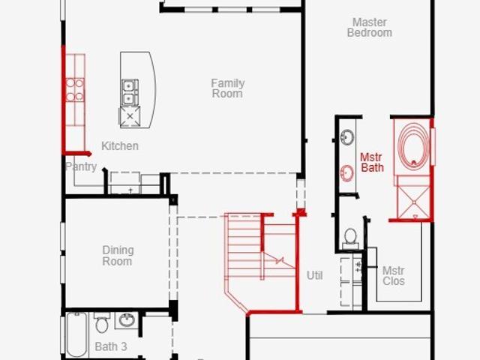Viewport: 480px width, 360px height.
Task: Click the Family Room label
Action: coord(228,88)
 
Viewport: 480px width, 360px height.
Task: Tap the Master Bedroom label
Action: coord(370,27)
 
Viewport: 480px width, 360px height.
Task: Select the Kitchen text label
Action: coord(120,145)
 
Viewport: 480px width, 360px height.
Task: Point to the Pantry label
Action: coord(81,166)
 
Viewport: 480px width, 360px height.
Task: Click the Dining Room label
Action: coord(118,256)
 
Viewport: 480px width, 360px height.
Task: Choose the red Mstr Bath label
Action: coord(372,162)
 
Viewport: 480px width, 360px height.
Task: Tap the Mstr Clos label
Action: coord(394,276)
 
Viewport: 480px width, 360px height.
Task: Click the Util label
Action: coord(315,275)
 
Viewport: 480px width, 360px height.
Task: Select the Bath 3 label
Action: coord(111,346)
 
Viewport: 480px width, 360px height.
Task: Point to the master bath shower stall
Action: coord(413,198)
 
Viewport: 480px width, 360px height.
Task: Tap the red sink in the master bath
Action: coord(347,173)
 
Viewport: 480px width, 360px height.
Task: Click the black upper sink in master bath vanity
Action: coord(347,136)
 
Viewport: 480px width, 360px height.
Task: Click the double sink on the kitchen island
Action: coord(130,92)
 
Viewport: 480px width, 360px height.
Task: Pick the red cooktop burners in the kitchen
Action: coord(75,90)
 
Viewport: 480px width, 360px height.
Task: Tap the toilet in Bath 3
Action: coord(102,322)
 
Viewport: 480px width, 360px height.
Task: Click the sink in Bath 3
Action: coord(127,320)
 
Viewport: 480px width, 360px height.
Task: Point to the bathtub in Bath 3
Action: coord(76,334)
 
